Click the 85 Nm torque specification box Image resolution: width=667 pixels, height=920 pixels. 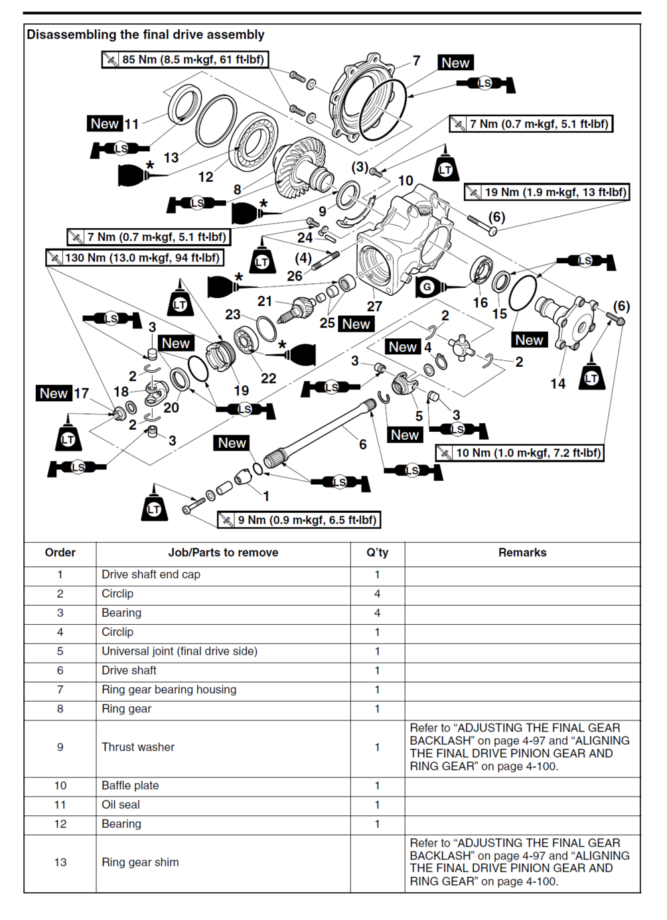click(x=185, y=60)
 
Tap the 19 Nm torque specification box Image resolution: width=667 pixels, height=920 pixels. click(x=546, y=192)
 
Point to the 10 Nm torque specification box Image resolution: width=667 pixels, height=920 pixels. click(x=520, y=453)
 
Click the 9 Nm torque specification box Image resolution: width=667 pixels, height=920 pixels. click(x=299, y=520)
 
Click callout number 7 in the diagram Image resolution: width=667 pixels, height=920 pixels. click(x=416, y=61)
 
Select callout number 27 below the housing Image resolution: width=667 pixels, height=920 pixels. click(x=374, y=306)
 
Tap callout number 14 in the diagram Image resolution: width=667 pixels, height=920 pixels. click(x=557, y=383)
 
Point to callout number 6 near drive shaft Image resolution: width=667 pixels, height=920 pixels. click(x=363, y=444)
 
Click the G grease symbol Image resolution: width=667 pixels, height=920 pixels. click(x=427, y=287)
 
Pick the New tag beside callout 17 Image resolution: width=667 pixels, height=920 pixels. click(x=54, y=393)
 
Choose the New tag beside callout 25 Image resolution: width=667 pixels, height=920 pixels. click(x=356, y=324)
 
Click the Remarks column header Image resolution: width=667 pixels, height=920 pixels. click(x=522, y=553)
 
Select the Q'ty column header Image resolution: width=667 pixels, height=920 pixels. click(x=377, y=553)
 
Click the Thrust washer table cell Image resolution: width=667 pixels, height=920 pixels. click(x=138, y=747)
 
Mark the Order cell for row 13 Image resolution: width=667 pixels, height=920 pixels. click(x=60, y=862)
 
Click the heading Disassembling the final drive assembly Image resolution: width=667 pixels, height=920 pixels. click(x=145, y=34)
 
